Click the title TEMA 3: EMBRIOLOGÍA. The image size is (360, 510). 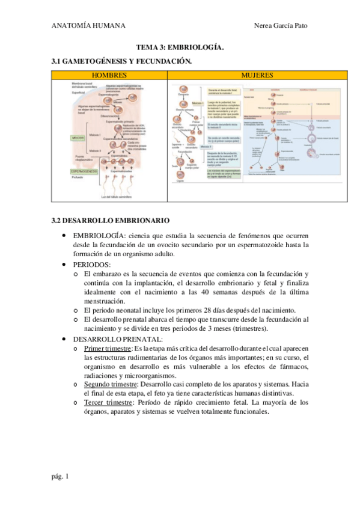point(180,47)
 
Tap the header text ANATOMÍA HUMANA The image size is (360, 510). point(88,25)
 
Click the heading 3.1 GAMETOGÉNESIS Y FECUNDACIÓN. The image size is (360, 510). point(122,61)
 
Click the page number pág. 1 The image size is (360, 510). point(60,476)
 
